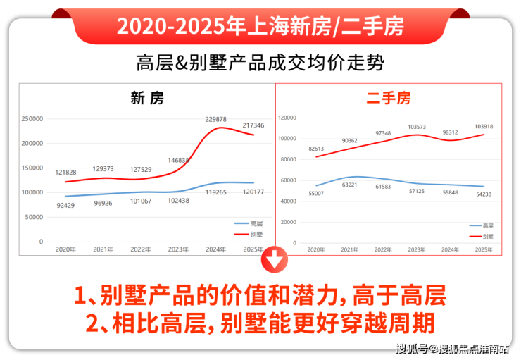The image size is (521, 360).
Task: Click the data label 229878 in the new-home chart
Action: (215, 119)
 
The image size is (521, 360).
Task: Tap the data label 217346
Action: (253, 125)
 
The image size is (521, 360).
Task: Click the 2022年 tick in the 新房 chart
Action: (141, 249)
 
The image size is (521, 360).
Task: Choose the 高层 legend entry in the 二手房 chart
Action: (482, 225)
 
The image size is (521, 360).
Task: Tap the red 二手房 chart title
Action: (388, 99)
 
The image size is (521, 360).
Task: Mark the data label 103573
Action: (417, 127)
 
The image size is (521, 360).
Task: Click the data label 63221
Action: (349, 185)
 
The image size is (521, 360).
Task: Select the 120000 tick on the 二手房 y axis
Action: (290, 118)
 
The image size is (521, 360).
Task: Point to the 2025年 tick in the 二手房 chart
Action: (484, 249)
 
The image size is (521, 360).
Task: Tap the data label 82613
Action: (317, 149)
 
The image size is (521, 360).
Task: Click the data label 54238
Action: (484, 194)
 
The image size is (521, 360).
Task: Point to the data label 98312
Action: (450, 132)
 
